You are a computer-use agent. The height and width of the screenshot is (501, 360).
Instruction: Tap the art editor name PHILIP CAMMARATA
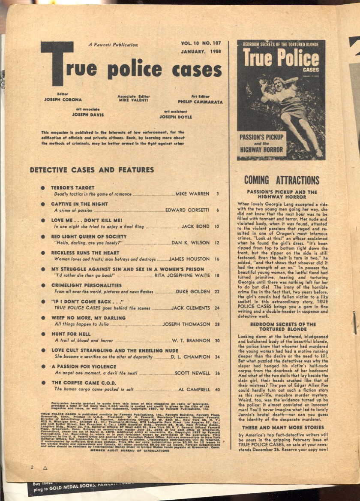[201, 102]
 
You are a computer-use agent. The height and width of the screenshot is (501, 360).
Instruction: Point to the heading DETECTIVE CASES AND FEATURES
[92, 170]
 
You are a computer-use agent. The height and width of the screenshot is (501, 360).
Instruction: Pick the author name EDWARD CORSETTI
[187, 210]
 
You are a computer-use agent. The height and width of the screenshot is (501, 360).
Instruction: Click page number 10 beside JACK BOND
[217, 226]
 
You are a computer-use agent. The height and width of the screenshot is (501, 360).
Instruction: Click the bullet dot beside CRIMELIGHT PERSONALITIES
[43, 285]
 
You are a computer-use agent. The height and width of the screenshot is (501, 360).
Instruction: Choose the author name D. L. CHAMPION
[190, 357]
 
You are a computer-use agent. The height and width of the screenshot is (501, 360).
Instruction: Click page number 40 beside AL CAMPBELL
[217, 389]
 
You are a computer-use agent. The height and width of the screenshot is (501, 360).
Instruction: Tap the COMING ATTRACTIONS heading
[282, 180]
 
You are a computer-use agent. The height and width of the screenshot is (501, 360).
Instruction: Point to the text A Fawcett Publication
[113, 45]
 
